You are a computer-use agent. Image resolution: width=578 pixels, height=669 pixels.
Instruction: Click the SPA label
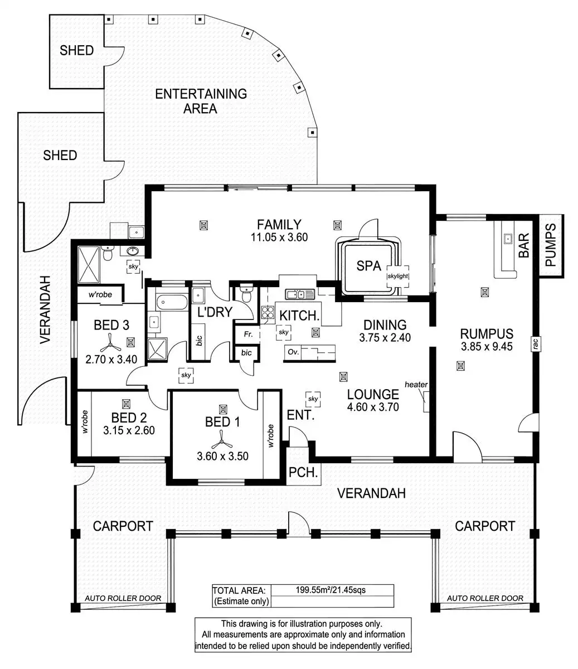pyautogui.click(x=368, y=266)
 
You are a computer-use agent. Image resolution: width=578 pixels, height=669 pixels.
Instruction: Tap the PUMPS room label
pyautogui.click(x=551, y=245)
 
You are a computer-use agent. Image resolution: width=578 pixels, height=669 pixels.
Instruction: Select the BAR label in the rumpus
pyautogui.click(x=523, y=245)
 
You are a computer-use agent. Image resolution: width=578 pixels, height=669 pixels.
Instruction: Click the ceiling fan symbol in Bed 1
pyautogui.click(x=222, y=439)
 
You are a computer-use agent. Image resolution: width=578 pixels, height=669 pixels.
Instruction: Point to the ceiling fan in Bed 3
pyautogui.click(x=111, y=343)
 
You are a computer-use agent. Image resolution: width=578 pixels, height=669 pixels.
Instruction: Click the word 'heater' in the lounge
pyautogui.click(x=416, y=384)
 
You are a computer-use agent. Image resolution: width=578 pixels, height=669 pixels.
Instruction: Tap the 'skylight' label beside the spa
pyautogui.click(x=398, y=276)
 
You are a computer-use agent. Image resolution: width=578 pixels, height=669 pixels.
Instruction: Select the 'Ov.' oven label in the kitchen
pyautogui.click(x=293, y=352)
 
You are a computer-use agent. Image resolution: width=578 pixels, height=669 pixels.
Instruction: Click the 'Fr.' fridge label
pyautogui.click(x=248, y=334)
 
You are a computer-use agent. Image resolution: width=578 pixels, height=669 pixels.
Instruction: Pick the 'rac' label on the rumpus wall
pyautogui.click(x=535, y=344)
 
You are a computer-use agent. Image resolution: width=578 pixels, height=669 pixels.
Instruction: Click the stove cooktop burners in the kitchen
pyautogui.click(x=268, y=313)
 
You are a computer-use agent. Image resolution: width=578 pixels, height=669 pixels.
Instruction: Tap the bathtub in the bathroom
pyautogui.click(x=172, y=303)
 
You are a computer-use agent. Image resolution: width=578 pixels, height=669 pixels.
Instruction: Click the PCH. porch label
pyautogui.click(x=303, y=472)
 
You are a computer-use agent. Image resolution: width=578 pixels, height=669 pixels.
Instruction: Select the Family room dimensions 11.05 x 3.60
pyautogui.click(x=279, y=237)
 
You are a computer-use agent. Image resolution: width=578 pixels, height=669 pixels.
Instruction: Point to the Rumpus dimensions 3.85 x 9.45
pyautogui.click(x=487, y=346)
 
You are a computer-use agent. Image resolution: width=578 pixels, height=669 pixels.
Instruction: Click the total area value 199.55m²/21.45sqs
pyautogui.click(x=331, y=590)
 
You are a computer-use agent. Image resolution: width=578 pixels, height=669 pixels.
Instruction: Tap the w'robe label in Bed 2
pyautogui.click(x=85, y=421)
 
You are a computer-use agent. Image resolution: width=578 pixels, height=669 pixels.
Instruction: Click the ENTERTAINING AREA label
pyautogui.click(x=201, y=101)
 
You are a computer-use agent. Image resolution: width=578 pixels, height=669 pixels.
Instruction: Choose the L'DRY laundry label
pyautogui.click(x=215, y=312)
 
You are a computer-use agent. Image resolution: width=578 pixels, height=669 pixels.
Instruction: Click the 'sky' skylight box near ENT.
pyautogui.click(x=313, y=399)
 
